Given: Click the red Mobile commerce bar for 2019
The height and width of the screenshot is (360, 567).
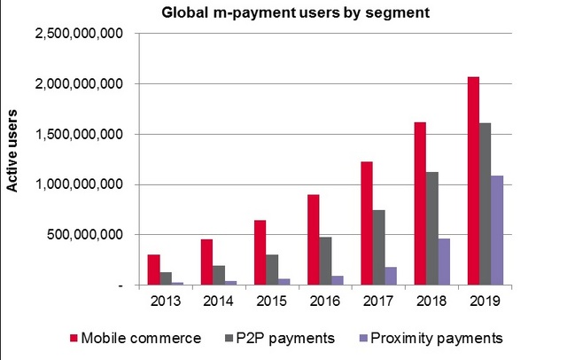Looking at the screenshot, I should [x=473, y=181].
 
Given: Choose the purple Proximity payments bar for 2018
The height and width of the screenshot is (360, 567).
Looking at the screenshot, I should [x=445, y=261].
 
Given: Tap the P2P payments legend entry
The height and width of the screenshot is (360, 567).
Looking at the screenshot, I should [x=284, y=337].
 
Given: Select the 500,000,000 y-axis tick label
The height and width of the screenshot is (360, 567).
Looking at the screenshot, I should [x=85, y=235].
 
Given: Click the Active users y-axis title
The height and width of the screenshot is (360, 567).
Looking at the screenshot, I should [x=13, y=160].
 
